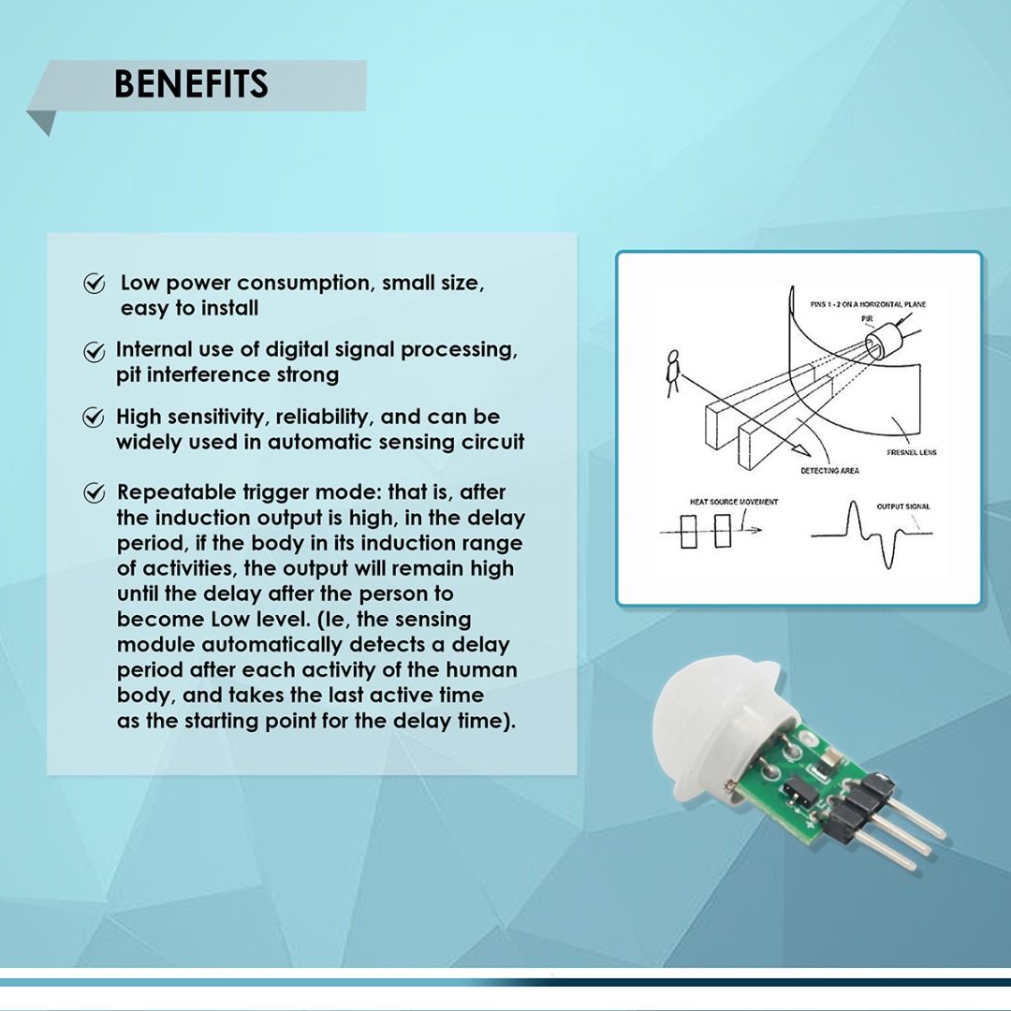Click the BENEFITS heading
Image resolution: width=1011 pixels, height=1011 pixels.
[x=191, y=84]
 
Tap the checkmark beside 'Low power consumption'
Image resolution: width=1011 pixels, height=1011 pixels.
[x=95, y=284]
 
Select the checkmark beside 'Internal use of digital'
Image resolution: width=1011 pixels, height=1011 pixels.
[x=95, y=351]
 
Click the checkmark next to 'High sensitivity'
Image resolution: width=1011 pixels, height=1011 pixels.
[x=94, y=418]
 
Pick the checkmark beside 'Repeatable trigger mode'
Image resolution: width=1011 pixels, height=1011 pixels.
[x=95, y=492]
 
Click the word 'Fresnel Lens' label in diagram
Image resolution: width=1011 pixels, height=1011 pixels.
[x=911, y=452]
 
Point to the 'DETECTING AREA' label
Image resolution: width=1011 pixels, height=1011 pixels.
[x=829, y=470]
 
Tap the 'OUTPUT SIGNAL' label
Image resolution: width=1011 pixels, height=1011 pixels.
[x=903, y=506]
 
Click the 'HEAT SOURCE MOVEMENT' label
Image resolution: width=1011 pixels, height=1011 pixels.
[x=734, y=502]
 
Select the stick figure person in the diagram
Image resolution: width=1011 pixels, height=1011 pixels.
[x=670, y=374]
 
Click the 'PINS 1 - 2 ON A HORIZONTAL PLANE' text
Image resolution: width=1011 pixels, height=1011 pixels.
[x=855, y=304]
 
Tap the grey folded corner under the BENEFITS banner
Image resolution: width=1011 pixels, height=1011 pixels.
[x=42, y=122]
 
